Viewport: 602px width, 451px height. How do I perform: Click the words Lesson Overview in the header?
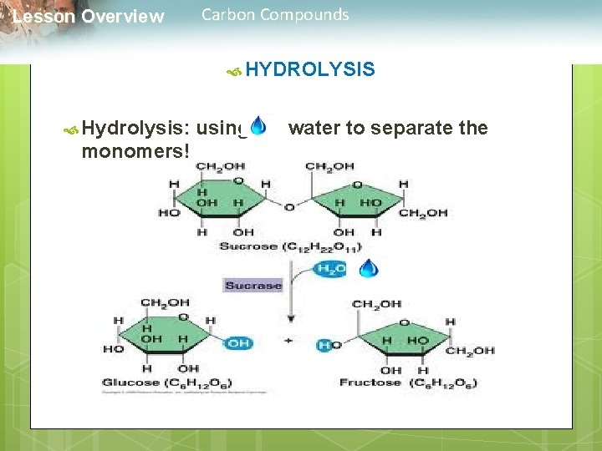click(89, 17)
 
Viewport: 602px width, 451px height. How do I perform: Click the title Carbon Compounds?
click(275, 14)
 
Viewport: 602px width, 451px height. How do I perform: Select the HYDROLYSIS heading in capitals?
click(310, 69)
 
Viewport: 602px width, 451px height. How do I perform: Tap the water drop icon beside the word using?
click(258, 126)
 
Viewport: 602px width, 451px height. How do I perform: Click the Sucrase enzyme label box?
click(253, 285)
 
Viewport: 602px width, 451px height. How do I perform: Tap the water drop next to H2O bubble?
click(368, 268)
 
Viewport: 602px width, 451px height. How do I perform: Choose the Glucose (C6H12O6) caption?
click(167, 383)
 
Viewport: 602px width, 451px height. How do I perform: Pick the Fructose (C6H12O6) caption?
click(408, 383)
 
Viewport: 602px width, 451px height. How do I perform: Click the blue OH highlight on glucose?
click(238, 342)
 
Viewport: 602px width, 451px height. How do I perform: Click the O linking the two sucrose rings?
click(288, 206)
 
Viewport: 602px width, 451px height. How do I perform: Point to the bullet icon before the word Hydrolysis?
click(71, 129)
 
